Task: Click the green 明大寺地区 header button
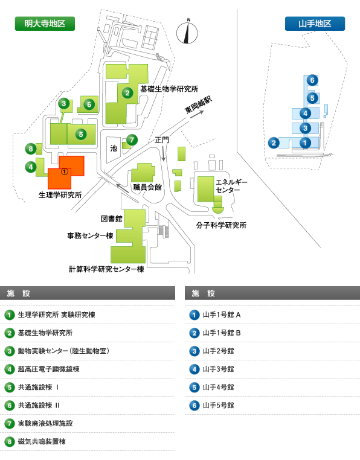coord(45,24)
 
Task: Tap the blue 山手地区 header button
coord(315,24)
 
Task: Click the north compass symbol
coord(187,32)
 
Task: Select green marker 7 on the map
coord(132,140)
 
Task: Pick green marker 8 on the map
coord(31,149)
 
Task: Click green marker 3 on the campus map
coord(63,103)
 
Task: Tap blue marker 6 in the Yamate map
coord(312,80)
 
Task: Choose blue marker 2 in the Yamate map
coord(274,143)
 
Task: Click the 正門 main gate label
coord(162,140)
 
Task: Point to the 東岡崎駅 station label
coord(198,105)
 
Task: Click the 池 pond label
coord(114,148)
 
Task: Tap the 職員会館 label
coord(147,187)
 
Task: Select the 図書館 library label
coord(111,219)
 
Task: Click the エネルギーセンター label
coord(231,186)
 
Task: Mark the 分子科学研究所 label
coord(221,225)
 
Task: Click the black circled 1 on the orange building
coord(65,171)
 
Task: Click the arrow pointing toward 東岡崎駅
coord(197,115)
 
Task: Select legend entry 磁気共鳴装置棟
coord(42,441)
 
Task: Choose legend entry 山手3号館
coord(219,369)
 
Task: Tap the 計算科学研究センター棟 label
coord(106,269)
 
